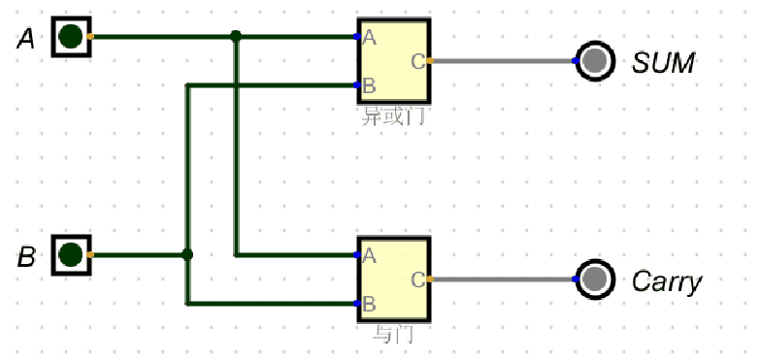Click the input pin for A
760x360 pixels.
(x=71, y=37)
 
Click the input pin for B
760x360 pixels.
(x=71, y=255)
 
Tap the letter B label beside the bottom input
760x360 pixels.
(x=27, y=257)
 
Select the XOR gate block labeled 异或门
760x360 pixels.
(x=393, y=60)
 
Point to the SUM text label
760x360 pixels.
(x=663, y=63)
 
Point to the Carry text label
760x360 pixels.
(x=666, y=281)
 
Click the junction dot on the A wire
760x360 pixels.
(x=236, y=37)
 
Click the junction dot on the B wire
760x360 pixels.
(x=187, y=255)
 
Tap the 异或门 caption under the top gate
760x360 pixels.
(x=393, y=116)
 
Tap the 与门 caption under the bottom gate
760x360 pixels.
(x=393, y=335)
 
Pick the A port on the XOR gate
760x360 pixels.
(x=368, y=38)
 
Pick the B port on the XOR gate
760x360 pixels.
(x=368, y=84)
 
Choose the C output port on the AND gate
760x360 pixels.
(x=418, y=279)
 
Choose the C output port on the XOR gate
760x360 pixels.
(x=418, y=61)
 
